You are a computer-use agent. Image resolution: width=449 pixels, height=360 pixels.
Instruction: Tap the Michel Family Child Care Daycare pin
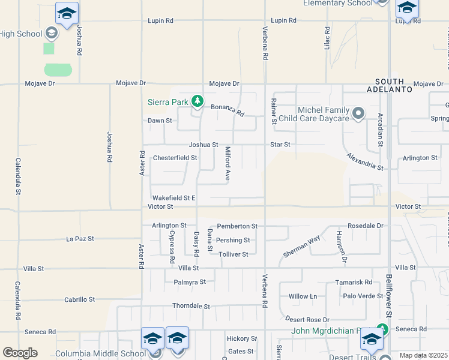359,113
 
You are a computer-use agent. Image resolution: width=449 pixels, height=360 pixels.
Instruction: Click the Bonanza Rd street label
228,110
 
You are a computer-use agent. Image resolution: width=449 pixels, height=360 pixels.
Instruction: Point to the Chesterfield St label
175,158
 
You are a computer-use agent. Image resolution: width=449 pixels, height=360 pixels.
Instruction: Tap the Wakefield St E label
174,197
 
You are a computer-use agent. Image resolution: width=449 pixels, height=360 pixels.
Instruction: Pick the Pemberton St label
237,226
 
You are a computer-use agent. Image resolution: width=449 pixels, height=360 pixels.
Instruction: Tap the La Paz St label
80,239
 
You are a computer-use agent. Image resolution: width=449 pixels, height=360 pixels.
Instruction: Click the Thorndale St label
191,306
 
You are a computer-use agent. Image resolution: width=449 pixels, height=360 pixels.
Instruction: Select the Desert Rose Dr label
308,320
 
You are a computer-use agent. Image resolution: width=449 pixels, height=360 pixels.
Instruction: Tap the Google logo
20,353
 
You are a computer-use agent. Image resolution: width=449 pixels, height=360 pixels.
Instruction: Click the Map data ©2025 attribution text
423,355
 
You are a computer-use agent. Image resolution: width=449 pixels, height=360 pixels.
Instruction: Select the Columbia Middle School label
100,354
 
